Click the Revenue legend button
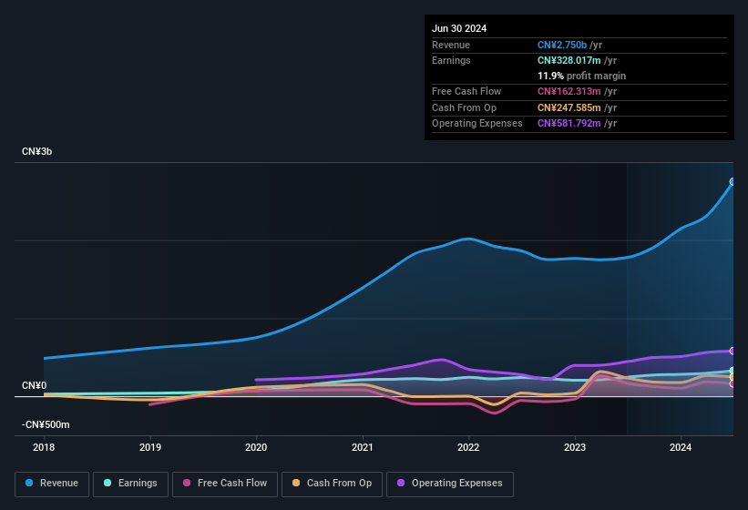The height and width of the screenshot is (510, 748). [53, 484]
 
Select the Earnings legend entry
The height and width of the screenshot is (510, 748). [129, 484]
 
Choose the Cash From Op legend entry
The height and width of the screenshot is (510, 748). [332, 484]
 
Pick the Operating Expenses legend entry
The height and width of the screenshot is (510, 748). [449, 484]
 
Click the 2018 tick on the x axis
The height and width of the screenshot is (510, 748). [44, 447]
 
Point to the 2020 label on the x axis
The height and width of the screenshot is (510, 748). [256, 447]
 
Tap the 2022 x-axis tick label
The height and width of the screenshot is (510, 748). [468, 447]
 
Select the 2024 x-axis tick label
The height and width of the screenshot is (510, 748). [681, 447]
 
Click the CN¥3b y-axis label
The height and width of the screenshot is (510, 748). [37, 151]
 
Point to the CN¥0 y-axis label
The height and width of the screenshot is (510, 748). [35, 385]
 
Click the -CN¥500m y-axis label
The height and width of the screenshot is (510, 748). [46, 424]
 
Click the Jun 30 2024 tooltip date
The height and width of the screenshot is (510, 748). [459, 28]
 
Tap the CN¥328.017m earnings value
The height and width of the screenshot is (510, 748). [570, 60]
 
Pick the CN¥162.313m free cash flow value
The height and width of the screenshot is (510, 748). [570, 91]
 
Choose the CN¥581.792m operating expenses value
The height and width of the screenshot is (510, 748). [570, 123]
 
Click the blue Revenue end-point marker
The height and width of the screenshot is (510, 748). [733, 182]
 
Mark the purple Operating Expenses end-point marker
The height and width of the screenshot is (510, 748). [733, 351]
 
